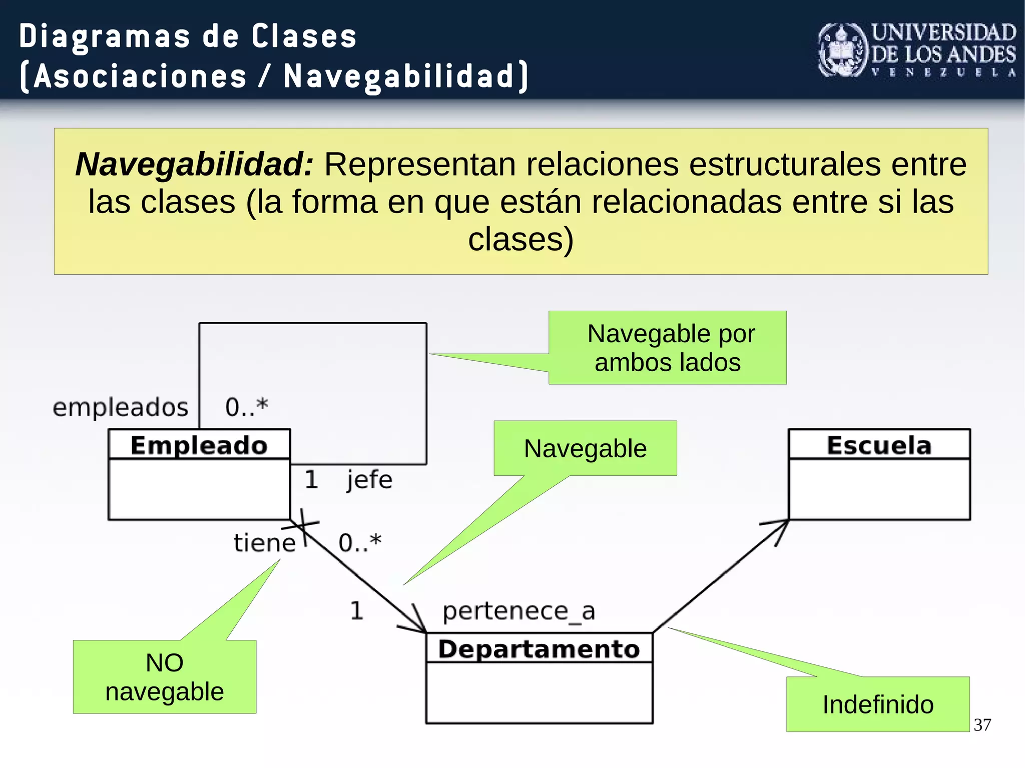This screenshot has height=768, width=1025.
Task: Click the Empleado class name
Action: [199, 445]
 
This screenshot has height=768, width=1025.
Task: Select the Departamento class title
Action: [539, 649]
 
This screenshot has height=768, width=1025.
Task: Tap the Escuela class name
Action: [879, 445]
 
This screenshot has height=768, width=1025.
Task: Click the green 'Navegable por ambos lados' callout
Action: [667, 348]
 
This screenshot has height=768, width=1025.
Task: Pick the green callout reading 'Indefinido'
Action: [877, 704]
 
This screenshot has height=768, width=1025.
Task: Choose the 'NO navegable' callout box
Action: [164, 677]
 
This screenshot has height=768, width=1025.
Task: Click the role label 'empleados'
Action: [120, 407]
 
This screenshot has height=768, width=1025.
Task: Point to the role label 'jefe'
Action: [369, 479]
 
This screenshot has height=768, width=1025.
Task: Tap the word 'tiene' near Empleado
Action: [264, 542]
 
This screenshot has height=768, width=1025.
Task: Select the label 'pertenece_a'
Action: [519, 611]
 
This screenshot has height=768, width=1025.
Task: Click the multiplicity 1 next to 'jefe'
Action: [311, 479]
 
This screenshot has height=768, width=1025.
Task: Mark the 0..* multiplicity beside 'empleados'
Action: [246, 406]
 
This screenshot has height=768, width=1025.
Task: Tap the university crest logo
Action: [843, 51]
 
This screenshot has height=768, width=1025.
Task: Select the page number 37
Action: [982, 724]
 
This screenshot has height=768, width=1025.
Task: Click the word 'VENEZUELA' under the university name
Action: [943, 73]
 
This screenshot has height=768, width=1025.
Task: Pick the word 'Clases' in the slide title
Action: [304, 37]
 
